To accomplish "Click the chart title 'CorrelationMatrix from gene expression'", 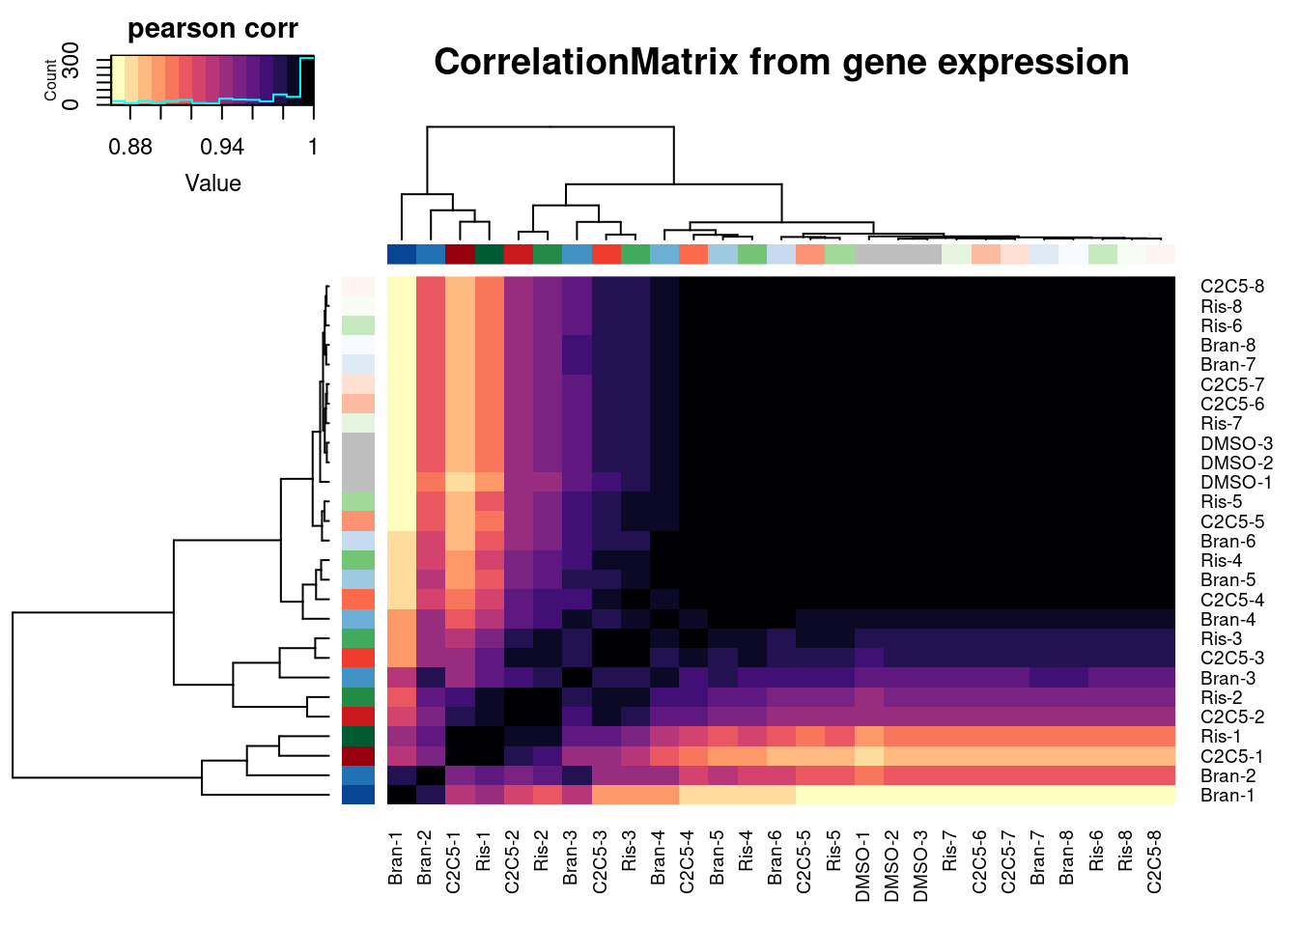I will click(x=780, y=63).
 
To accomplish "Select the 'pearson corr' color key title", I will click(x=212, y=29).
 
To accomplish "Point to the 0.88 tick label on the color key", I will click(x=130, y=147).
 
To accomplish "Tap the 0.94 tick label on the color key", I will click(x=222, y=147).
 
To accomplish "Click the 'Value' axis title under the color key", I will click(x=212, y=183).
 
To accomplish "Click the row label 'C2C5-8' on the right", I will click(x=1231, y=287).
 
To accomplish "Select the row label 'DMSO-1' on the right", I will click(x=1235, y=483).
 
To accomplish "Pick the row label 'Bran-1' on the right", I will click(x=1227, y=796).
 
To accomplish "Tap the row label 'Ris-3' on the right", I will click(x=1221, y=639).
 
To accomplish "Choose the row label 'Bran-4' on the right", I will click(x=1227, y=620).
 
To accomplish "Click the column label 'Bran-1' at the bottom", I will click(x=396, y=857).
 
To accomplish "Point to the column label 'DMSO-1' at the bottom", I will click(x=862, y=861).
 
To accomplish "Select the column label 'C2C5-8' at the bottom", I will click(x=1154, y=861).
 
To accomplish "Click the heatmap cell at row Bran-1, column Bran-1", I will click(x=402, y=796).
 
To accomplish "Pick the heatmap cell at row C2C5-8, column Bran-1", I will click(x=402, y=287).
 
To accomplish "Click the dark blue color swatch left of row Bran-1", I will click(x=357, y=796).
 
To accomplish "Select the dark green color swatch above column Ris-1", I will click(x=490, y=254).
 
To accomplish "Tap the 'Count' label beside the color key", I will click(x=51, y=80).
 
